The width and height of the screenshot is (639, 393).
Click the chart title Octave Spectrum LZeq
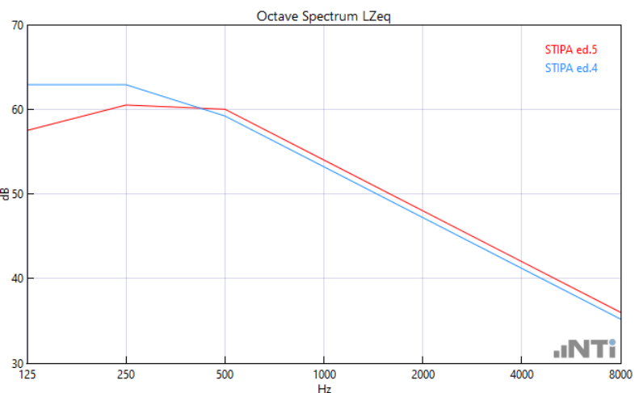[x=324, y=16]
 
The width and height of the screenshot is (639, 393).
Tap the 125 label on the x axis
[x=27, y=374]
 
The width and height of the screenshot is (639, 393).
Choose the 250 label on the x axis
[x=126, y=374]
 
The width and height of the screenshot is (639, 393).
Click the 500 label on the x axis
[x=225, y=374]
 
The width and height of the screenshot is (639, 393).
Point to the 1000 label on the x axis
[x=324, y=374]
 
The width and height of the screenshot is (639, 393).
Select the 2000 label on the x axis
[x=422, y=374]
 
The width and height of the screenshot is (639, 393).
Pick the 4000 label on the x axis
[x=521, y=374]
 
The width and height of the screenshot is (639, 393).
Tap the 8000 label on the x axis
[x=619, y=374]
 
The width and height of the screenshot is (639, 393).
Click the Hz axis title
[x=324, y=387]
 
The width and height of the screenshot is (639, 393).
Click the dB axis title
[x=6, y=194]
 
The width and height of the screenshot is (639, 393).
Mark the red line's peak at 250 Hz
[x=126, y=105]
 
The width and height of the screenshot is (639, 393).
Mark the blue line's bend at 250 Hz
[x=126, y=85]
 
